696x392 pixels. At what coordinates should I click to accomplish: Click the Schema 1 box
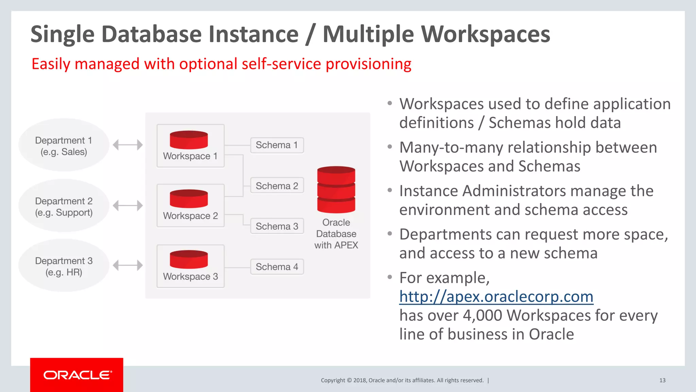(x=277, y=145)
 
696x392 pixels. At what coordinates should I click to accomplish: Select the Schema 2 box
(x=277, y=186)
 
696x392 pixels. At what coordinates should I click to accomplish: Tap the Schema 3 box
(x=277, y=226)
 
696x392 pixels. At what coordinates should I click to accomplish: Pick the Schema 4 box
(x=277, y=267)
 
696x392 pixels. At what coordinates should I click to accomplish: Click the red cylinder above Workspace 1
(x=189, y=140)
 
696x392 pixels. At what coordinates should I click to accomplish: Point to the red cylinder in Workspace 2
(x=189, y=199)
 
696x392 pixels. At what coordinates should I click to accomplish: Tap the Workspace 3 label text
(x=190, y=276)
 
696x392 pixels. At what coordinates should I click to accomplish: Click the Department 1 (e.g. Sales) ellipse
(x=64, y=146)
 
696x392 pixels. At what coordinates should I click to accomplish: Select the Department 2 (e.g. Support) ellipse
(x=64, y=206)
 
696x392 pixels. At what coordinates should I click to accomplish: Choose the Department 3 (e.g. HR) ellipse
(x=64, y=266)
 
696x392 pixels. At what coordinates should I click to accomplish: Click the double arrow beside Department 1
(x=127, y=145)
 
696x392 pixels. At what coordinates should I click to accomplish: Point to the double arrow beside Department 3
(x=127, y=265)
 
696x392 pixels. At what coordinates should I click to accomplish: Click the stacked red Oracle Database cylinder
(x=336, y=190)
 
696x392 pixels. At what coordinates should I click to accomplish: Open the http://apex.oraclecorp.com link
(x=496, y=297)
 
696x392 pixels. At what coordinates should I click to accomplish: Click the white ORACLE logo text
(x=77, y=375)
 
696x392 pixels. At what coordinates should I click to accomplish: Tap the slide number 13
(x=662, y=380)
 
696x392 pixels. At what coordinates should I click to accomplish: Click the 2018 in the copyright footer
(x=359, y=380)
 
